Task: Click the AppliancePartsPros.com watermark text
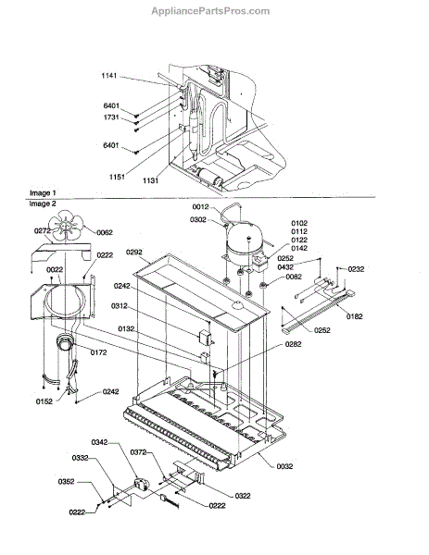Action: pos(210,11)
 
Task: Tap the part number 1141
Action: pos(108,76)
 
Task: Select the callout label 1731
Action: pos(111,117)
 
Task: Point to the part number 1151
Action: pos(117,176)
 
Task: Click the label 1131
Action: pos(150,180)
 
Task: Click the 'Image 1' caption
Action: pos(43,193)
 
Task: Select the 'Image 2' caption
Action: pos(43,203)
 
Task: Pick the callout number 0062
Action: pos(104,232)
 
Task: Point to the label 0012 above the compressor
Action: pos(201,207)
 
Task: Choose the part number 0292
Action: pos(134,252)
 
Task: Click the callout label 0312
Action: pos(120,306)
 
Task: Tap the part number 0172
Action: pos(98,352)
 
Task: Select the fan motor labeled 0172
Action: pos(65,342)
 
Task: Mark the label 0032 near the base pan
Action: pos(284,466)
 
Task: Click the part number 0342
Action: pos(99,442)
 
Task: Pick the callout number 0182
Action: pos(355,316)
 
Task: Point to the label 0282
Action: pos(293,344)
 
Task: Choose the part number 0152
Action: pos(44,401)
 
